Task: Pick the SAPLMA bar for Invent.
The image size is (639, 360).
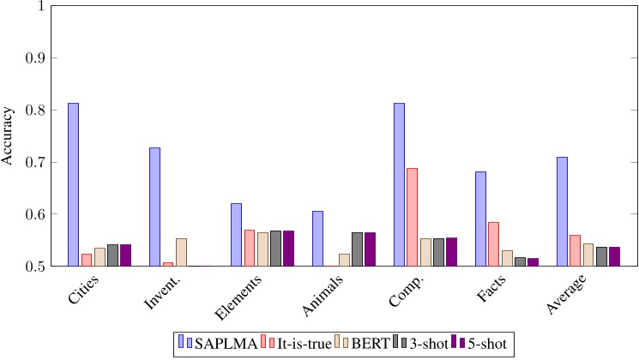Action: click(x=154, y=207)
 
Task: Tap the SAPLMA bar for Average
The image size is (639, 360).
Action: click(x=562, y=212)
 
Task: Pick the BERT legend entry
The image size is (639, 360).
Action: click(x=371, y=344)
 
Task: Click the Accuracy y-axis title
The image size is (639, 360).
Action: click(x=8, y=136)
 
